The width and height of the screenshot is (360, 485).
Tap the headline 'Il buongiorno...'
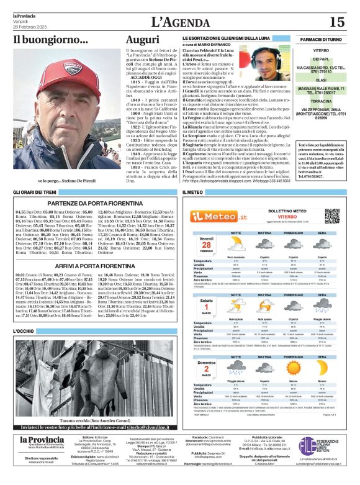tap(42, 40)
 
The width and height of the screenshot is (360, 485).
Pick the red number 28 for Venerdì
tap(206, 245)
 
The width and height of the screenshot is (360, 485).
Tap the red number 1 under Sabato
tap(206, 306)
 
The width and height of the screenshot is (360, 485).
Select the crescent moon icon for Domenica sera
tap(322, 369)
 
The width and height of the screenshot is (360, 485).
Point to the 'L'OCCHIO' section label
tap(23, 332)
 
